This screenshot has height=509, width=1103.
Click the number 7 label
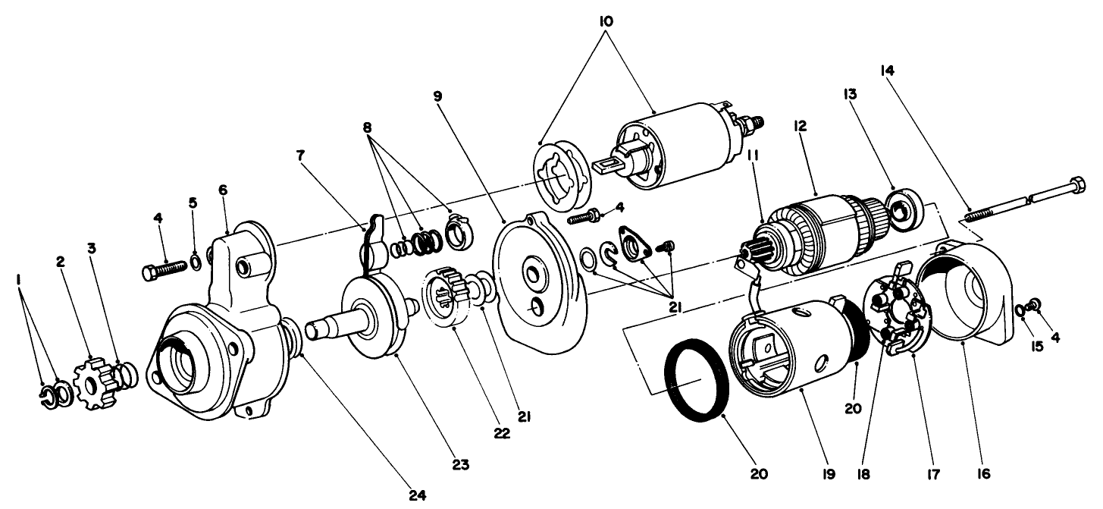[x=300, y=156]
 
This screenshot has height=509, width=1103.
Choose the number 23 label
[x=457, y=463]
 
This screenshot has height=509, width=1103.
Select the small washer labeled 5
[x=195, y=262]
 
